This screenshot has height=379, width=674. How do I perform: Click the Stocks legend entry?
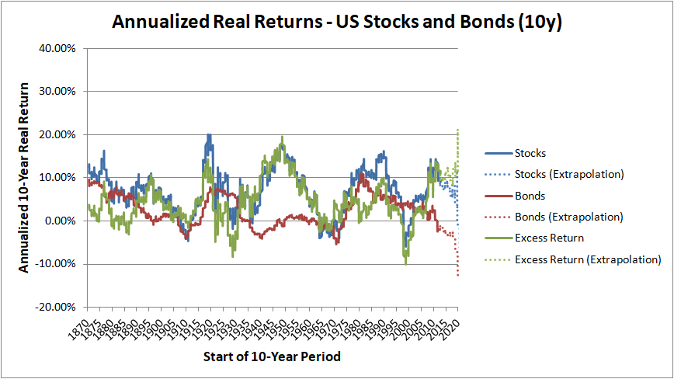click(531, 153)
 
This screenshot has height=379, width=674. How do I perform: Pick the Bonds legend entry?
click(530, 196)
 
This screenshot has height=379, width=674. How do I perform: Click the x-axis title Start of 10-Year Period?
click(272, 357)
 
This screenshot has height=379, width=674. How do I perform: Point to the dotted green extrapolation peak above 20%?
click(458, 130)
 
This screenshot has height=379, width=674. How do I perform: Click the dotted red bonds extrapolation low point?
click(458, 275)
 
